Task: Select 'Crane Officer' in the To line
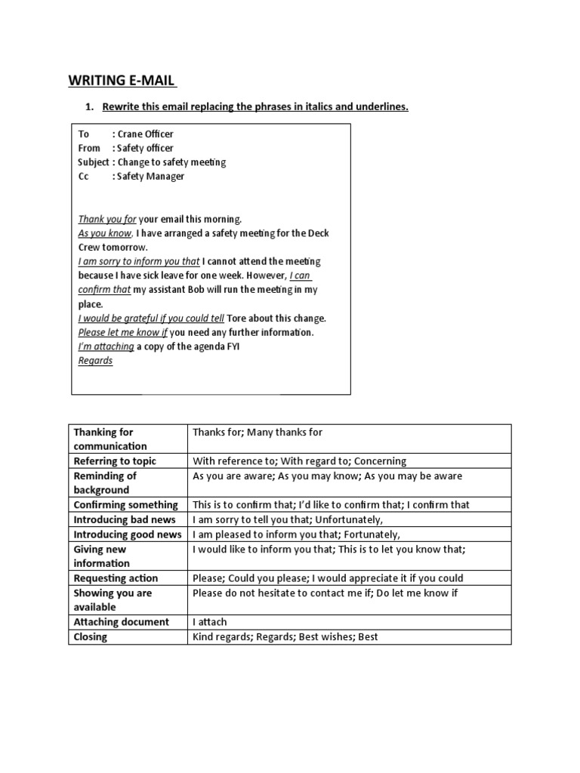(x=145, y=134)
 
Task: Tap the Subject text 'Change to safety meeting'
(x=171, y=162)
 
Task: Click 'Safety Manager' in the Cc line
(x=150, y=176)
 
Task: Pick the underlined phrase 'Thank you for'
(x=107, y=219)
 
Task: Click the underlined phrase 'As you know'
(x=105, y=233)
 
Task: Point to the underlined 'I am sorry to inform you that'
(x=139, y=261)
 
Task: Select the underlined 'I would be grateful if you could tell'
(x=151, y=318)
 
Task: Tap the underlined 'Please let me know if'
(x=122, y=332)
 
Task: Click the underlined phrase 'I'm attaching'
(x=106, y=346)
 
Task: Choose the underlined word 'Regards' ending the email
(x=95, y=360)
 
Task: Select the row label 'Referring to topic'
(x=115, y=460)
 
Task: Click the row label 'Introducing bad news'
(x=125, y=519)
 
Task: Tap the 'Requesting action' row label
(x=116, y=578)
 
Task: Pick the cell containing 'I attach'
(x=210, y=622)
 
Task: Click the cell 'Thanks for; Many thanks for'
(x=258, y=432)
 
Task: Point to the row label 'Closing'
(x=91, y=636)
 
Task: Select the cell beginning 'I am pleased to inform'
(x=296, y=534)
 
